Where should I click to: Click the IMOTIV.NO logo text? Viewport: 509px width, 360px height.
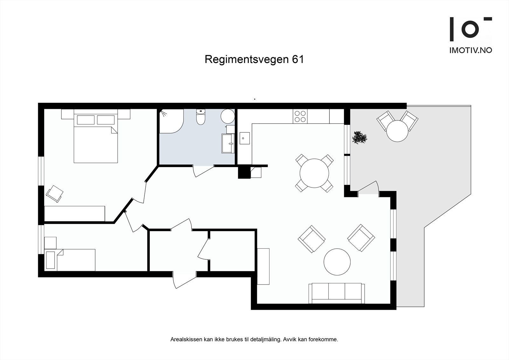click(471, 50)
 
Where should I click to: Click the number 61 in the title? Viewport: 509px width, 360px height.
click(298, 60)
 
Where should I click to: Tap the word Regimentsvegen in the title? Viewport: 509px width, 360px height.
click(247, 60)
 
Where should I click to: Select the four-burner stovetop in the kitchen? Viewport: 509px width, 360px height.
click(300, 116)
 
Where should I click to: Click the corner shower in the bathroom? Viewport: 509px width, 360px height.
click(171, 121)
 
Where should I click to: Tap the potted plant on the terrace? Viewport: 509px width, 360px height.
click(359, 138)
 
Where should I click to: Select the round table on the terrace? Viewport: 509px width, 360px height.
click(397, 131)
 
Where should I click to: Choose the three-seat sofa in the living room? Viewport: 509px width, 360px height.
click(337, 293)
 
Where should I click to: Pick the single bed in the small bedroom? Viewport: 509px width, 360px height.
click(71, 260)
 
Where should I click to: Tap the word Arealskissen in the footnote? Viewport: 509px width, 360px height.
click(186, 340)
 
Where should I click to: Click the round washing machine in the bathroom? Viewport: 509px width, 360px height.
click(227, 116)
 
